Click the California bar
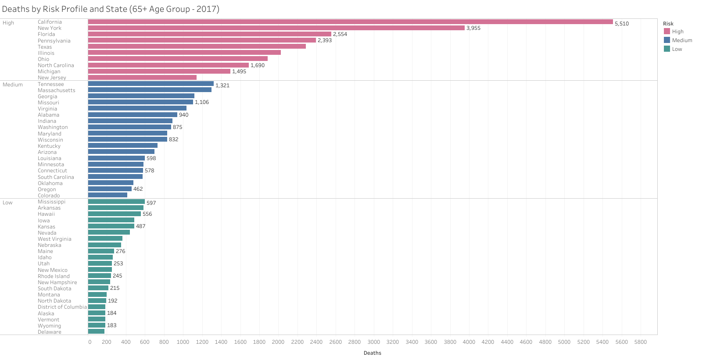pos(350,22)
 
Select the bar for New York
pos(276,28)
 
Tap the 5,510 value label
pos(621,24)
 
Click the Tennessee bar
pos(151,84)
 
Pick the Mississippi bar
pos(116,202)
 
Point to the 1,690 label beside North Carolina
pos(258,65)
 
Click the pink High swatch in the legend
pos(667,32)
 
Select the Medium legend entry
pos(682,40)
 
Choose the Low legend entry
pos(677,49)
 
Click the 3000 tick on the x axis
pos(373,342)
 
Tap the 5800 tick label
pos(640,342)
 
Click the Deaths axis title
pos(372,353)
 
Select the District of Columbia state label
pos(62,307)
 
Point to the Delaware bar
pos(96,331)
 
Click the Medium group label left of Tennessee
pos(13,85)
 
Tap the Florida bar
pos(209,34)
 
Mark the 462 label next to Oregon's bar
pos(138,189)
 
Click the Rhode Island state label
pos(54,276)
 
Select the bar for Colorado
pos(108,195)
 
